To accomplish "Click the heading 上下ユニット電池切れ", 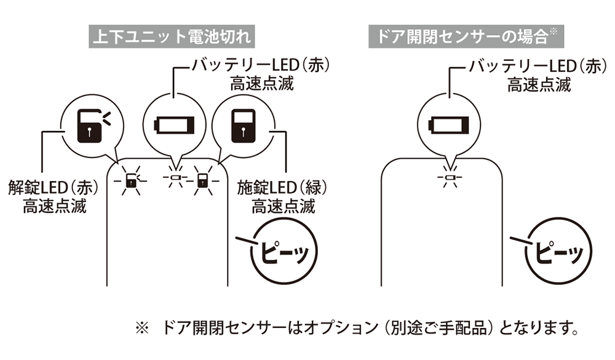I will tap(172, 36).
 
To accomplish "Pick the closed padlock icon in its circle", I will tap(245, 124).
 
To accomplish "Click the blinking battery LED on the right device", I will tap(450, 179).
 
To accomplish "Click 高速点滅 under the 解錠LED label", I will tap(55, 206).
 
